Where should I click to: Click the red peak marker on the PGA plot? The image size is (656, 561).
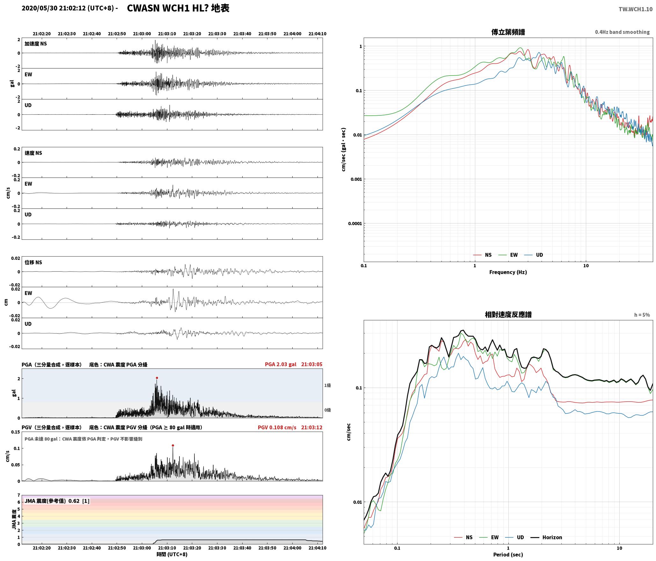pos(157,378)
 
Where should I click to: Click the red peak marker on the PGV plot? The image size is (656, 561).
pos(173,445)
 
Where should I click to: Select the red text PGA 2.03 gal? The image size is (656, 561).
pos(281,364)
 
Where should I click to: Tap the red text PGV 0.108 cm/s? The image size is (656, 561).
pos(277,427)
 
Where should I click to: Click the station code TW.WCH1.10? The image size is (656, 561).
pos(636,9)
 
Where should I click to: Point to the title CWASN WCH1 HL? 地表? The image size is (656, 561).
pos(178,8)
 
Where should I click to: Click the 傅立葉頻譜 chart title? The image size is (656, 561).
pos(508,32)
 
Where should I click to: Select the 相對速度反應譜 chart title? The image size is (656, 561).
pos(508,315)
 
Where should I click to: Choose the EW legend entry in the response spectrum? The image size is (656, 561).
pos(489,537)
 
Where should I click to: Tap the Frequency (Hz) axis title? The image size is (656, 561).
pos(508,272)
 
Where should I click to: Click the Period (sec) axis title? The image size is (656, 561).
pos(508,555)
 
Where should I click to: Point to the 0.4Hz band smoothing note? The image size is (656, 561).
pos(622,32)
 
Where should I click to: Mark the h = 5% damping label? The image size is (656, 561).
pos(642,315)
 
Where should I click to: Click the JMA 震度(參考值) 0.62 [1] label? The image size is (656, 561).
pos(57,501)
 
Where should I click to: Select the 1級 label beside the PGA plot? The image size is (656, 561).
pos(327,385)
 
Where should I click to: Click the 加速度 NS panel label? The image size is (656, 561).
pos(36,44)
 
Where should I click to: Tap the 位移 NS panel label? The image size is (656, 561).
pos(33,262)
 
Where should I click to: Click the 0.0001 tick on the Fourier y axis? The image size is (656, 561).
pos(355,223)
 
